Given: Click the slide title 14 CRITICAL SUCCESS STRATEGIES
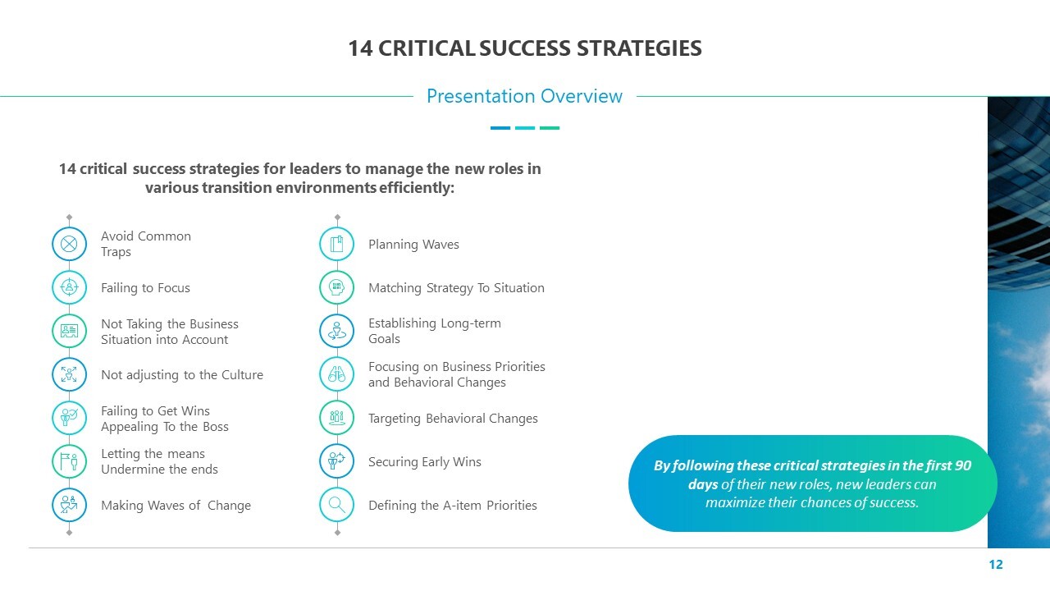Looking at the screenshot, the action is pyautogui.click(x=525, y=48).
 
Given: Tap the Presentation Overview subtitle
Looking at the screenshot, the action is pyautogui.click(x=524, y=96).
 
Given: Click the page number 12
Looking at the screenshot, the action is pyautogui.click(x=996, y=564).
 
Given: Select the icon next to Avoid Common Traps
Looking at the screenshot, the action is pyautogui.click(x=69, y=244).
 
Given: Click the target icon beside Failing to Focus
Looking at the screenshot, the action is pyautogui.click(x=69, y=287).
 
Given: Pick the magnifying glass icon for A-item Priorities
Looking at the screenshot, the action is pyautogui.click(x=336, y=505).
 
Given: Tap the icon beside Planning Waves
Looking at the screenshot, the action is pyautogui.click(x=336, y=244).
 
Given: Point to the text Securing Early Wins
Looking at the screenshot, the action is pyautogui.click(x=425, y=462).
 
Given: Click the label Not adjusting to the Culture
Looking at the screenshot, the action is pyautogui.click(x=182, y=375).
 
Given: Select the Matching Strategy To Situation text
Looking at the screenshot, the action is pyautogui.click(x=456, y=288).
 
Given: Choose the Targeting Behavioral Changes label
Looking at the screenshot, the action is pyautogui.click(x=453, y=419).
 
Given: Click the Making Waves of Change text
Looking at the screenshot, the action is pyautogui.click(x=176, y=506).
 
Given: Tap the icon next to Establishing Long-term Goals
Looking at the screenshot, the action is pyautogui.click(x=336, y=331).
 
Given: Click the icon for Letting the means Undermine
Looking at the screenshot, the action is pyautogui.click(x=69, y=461).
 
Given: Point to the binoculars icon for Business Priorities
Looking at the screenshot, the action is pyautogui.click(x=336, y=373).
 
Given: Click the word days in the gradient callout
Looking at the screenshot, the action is pyautogui.click(x=703, y=484).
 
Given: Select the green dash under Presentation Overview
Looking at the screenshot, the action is pyautogui.click(x=550, y=127).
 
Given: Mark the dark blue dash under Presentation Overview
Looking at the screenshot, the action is pyautogui.click(x=500, y=127).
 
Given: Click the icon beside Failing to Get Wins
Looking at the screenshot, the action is pyautogui.click(x=69, y=418).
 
